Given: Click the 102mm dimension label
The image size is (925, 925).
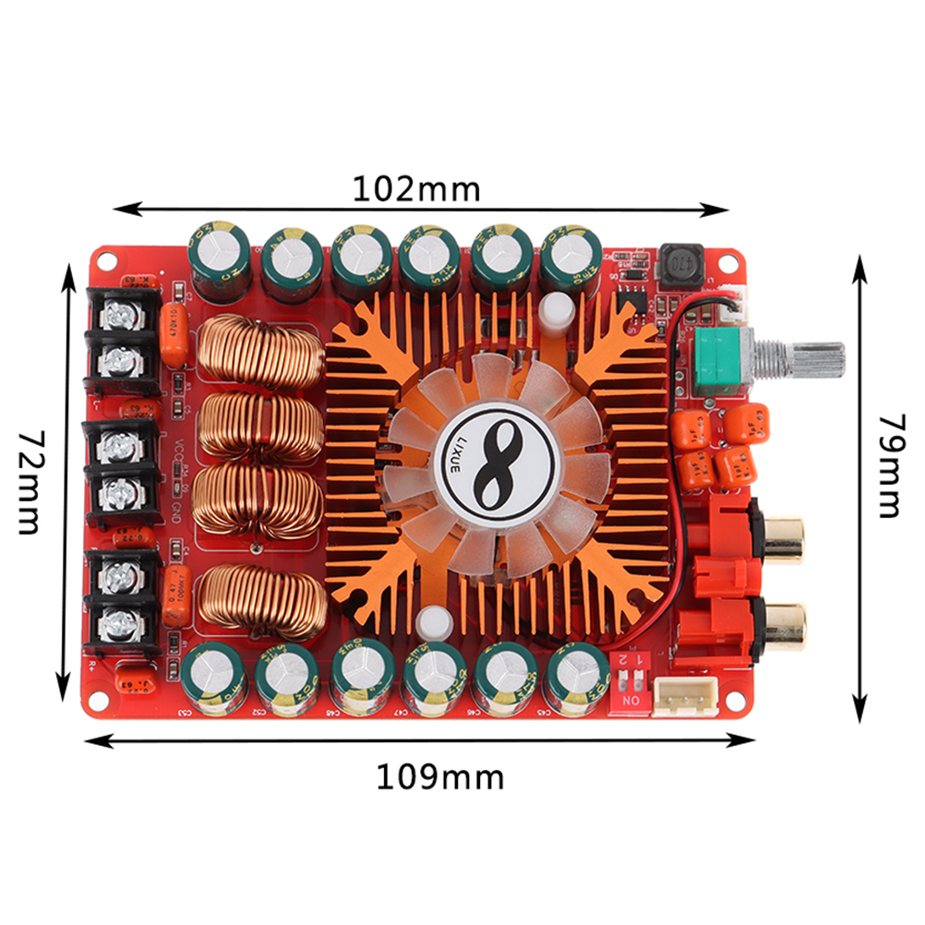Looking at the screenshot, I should pos(416,189).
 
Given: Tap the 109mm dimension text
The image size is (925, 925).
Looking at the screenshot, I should pos(439,777).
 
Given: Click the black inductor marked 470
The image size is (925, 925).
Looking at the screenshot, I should pos(681,266).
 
